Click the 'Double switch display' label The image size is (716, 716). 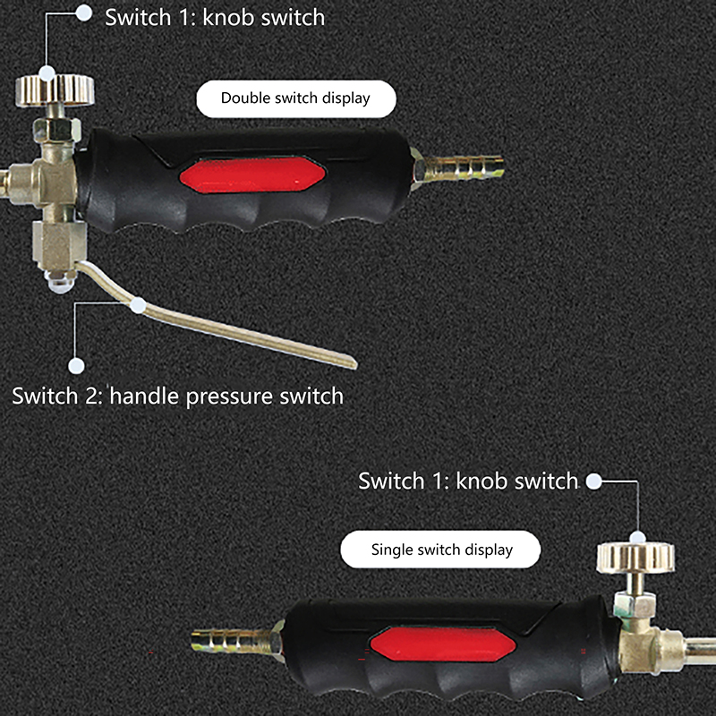coord(296,98)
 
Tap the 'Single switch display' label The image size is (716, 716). coord(440,550)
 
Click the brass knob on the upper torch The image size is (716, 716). coord(55,90)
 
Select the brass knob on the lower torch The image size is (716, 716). coord(635,557)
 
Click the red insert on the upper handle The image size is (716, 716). coord(252,175)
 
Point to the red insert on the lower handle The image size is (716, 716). coord(443,644)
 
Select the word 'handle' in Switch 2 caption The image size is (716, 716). coord(144,395)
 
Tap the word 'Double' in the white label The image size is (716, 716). coord(243,98)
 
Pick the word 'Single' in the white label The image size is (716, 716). coord(392,550)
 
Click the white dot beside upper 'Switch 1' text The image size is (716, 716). coord(84,13)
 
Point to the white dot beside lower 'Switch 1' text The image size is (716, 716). coord(593,481)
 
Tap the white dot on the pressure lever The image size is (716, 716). coord(138,305)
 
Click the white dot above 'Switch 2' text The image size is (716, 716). coord(76,366)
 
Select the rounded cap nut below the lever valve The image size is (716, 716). coord(59,282)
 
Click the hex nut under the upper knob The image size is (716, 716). coord(57,129)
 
